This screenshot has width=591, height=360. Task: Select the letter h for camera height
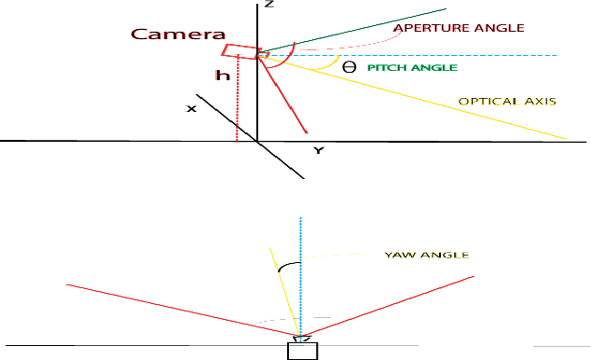tap(222, 76)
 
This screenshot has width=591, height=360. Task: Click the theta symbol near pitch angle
tap(349, 67)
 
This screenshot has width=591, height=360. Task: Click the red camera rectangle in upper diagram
tap(241, 52)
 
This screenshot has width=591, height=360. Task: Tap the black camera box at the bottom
tap(302, 351)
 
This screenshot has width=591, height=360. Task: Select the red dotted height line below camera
tap(238, 103)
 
